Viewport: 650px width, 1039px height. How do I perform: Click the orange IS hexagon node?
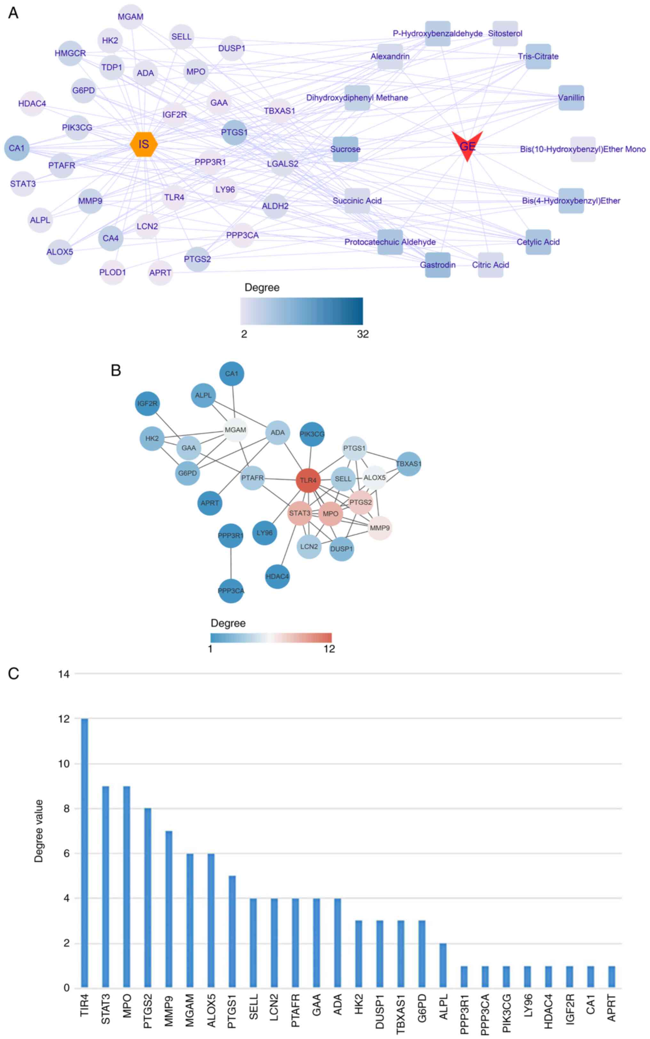point(144,144)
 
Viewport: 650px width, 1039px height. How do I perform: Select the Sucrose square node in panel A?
point(345,149)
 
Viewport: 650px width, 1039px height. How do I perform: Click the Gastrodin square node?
point(438,265)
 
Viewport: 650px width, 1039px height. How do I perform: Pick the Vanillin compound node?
point(571,98)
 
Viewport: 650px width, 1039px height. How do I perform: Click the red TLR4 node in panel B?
point(308,480)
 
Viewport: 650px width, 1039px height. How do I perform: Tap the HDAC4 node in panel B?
point(277,576)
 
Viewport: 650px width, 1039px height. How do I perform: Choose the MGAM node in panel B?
point(235,430)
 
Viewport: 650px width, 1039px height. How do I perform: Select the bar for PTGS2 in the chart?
point(147,898)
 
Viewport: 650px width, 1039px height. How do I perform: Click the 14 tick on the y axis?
point(64,674)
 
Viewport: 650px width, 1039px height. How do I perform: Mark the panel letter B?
point(116,370)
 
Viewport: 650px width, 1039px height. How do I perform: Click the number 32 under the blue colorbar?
point(362,334)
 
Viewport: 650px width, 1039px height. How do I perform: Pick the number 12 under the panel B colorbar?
point(329,649)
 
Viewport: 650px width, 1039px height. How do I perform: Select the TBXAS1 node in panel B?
point(408,464)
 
